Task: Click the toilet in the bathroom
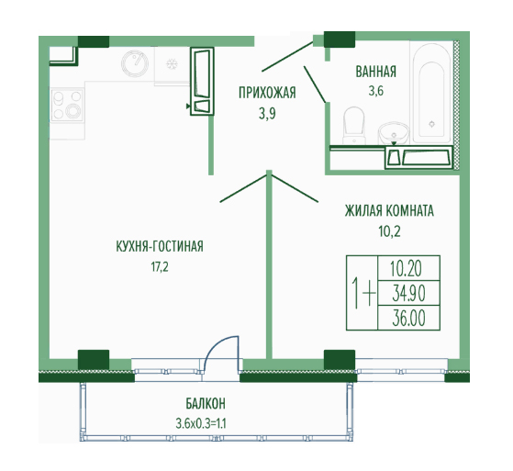tap(353, 125)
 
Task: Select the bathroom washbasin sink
tap(395, 133)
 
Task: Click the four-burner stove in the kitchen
tap(67, 104)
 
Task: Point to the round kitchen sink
tap(135, 63)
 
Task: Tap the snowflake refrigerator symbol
tap(171, 63)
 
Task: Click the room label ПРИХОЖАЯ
tap(267, 93)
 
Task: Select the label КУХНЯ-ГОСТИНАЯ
tap(160, 246)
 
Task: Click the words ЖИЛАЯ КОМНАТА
tap(389, 211)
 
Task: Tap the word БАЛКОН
tap(206, 404)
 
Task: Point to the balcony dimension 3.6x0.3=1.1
tap(201, 424)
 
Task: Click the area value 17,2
tap(160, 267)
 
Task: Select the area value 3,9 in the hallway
tap(267, 114)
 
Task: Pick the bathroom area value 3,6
tap(376, 91)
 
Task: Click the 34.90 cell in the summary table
tap(408, 293)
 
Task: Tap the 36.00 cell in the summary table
tap(408, 318)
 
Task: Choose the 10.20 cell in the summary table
tap(408, 268)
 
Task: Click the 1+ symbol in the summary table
tap(362, 292)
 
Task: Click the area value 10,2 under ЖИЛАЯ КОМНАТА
tap(390, 231)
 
